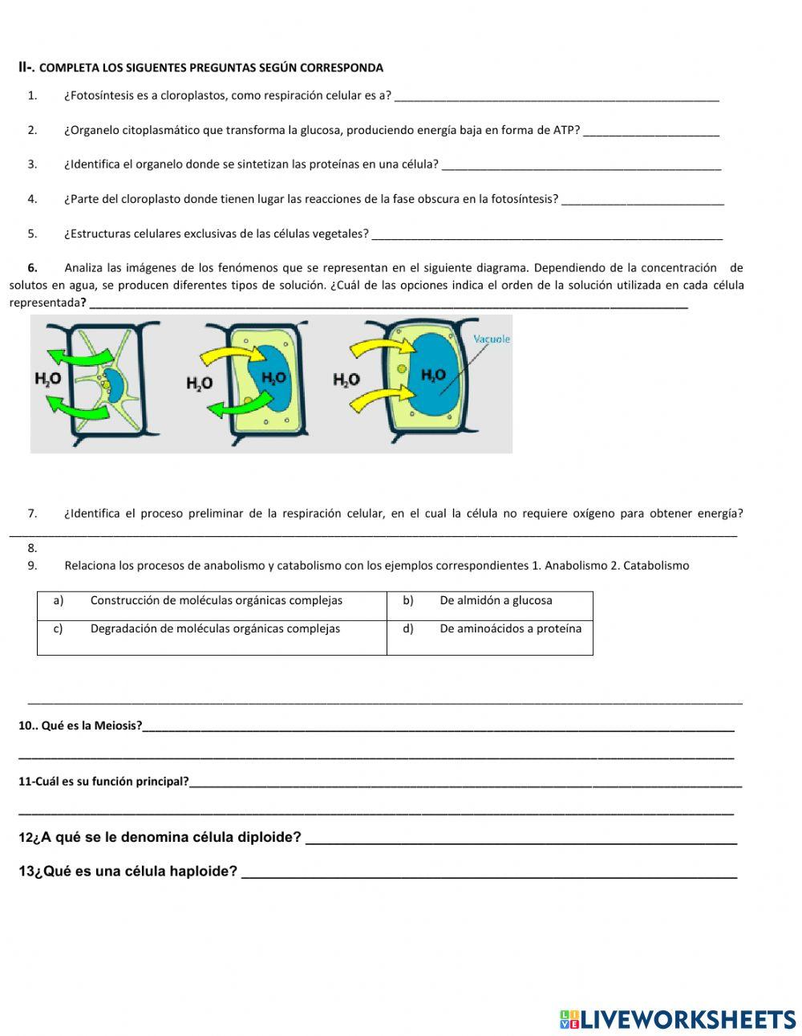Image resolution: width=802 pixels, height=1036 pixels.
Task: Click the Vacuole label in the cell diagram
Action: click(491, 339)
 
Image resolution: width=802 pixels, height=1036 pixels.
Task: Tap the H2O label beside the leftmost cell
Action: click(48, 379)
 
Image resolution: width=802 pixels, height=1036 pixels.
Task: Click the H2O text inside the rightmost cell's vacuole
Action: click(433, 375)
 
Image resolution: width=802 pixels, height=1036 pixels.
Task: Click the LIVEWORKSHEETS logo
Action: click(677, 1019)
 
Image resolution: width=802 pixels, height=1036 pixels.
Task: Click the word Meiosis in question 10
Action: click(117, 726)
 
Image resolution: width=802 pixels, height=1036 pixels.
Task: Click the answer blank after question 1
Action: click(557, 97)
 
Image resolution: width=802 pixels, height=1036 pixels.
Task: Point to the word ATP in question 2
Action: click(564, 130)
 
